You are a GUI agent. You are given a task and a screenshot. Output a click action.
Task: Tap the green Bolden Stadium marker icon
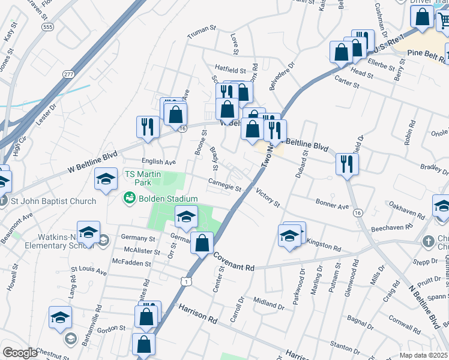[x=128, y=197]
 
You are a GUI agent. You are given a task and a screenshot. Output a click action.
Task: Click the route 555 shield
[x=48, y=27]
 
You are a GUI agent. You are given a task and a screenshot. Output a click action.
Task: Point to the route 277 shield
[x=68, y=73]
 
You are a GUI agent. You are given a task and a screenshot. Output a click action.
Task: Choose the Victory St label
[x=268, y=199]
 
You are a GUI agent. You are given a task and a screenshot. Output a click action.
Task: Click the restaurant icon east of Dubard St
[x=347, y=163]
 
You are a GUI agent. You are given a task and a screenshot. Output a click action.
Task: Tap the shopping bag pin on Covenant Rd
[x=202, y=243]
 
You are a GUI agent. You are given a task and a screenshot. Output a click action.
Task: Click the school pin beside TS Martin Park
[x=106, y=179]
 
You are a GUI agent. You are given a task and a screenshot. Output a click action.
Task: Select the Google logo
[x=20, y=353]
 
